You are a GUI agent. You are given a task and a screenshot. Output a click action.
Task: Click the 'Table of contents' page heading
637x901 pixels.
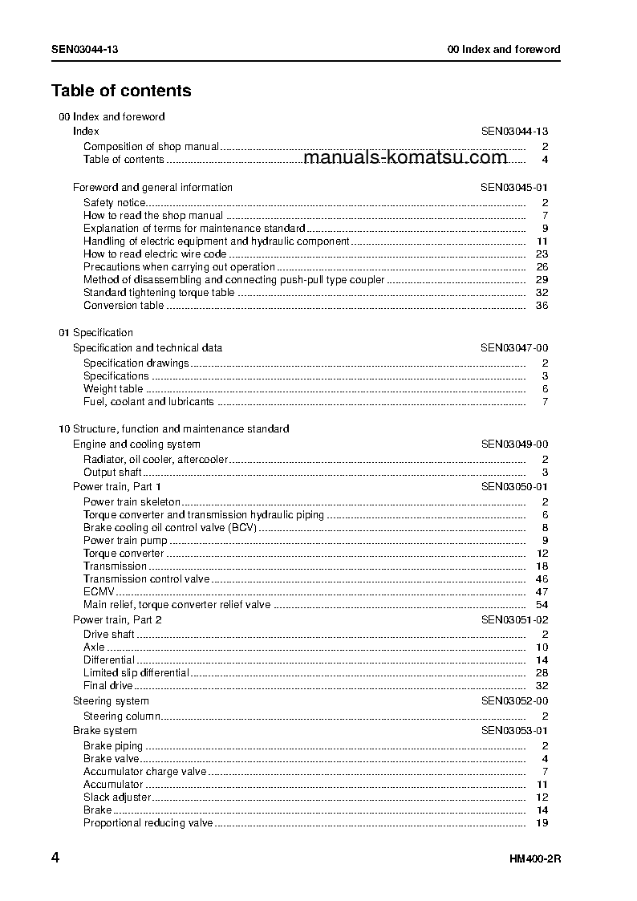point(121,91)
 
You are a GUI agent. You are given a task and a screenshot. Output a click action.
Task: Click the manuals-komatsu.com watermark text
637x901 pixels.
point(406,157)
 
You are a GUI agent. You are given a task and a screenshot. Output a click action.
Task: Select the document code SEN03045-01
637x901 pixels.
point(514,188)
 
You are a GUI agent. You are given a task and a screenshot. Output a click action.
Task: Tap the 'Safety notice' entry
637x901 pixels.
point(114,203)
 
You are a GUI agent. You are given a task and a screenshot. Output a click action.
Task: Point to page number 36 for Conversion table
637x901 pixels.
point(542,306)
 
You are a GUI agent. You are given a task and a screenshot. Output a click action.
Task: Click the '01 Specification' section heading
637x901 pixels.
point(95,333)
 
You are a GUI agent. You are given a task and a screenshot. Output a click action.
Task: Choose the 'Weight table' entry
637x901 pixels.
point(113,389)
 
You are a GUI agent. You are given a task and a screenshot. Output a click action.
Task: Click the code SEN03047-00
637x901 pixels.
point(514,348)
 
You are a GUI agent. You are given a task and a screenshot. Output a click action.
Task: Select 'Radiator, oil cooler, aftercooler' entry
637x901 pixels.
point(156,460)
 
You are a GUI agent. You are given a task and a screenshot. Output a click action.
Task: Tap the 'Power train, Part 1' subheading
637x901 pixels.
point(117,487)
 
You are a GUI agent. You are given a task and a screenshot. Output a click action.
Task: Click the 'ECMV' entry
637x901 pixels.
point(99,592)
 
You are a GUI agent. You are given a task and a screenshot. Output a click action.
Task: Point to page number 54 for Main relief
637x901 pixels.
point(542,605)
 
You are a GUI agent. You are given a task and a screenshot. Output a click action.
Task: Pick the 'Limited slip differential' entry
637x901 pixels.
point(136,673)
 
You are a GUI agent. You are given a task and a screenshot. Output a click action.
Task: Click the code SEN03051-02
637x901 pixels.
point(514,620)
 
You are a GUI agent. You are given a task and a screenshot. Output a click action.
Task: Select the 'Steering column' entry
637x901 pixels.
point(122,716)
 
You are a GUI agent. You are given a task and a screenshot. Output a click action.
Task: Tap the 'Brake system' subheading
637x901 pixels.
point(105,731)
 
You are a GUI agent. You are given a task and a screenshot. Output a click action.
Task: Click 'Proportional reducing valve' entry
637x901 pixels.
point(148,823)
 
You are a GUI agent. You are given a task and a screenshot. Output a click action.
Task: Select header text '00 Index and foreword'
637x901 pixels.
point(504,50)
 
